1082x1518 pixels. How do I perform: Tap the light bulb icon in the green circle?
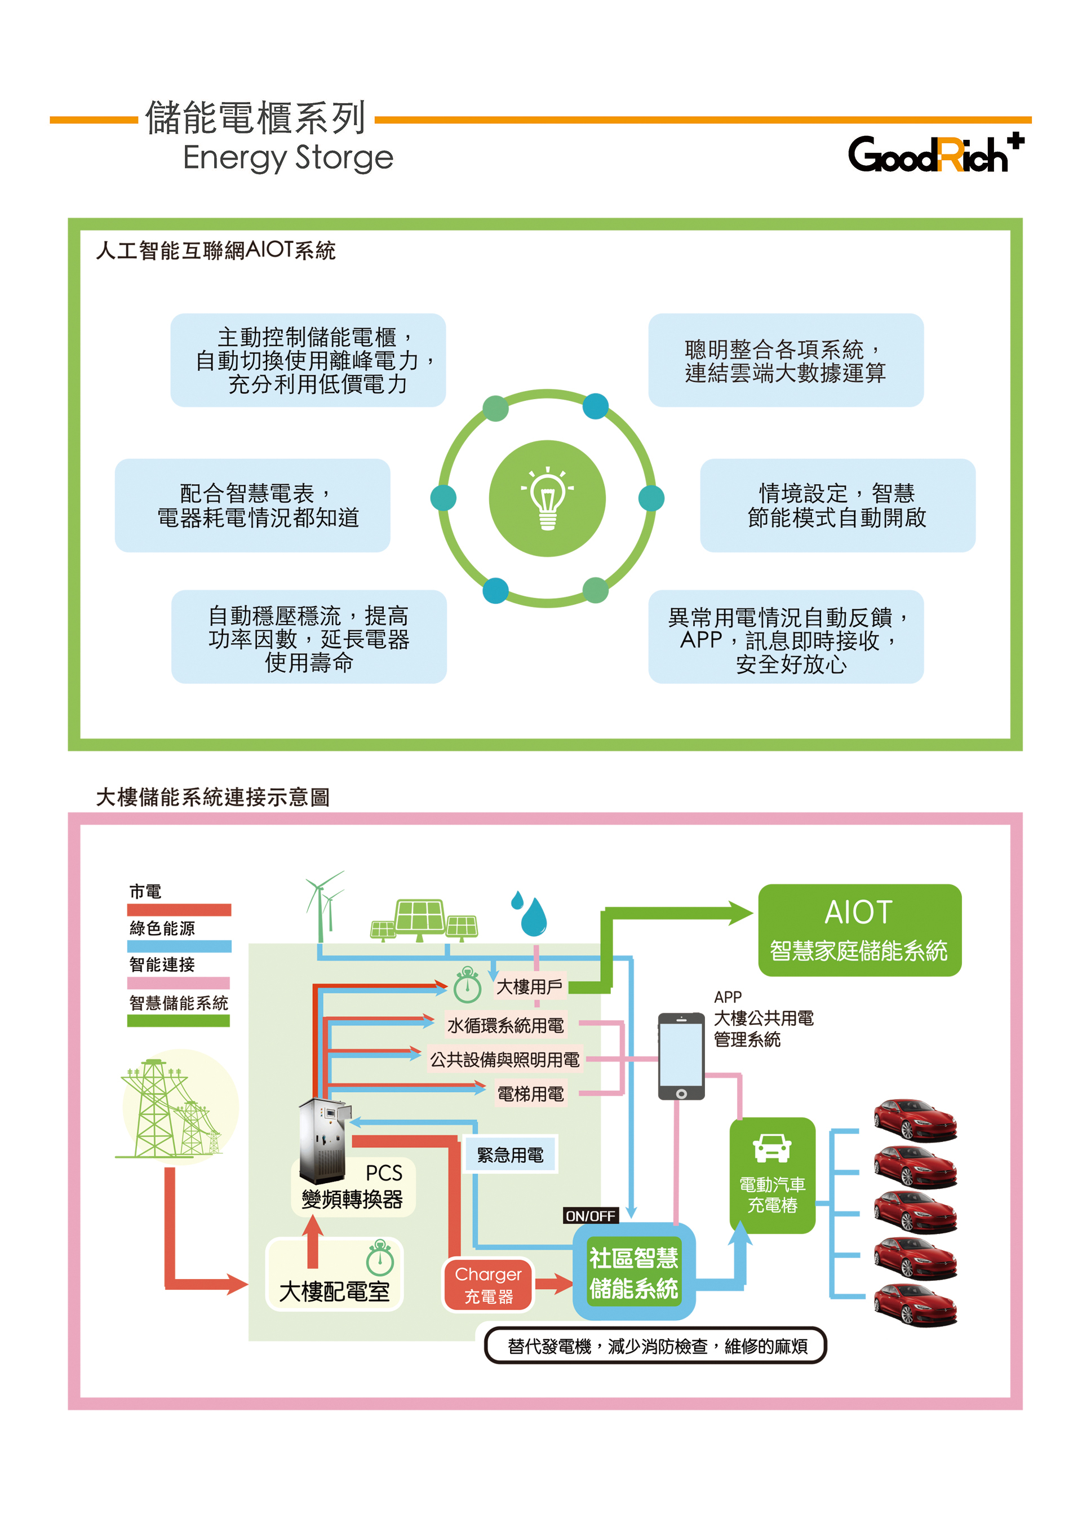[548, 498]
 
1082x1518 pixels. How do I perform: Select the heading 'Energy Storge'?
[288, 158]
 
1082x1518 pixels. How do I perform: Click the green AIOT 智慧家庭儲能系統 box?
[859, 930]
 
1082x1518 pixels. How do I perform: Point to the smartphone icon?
[681, 1056]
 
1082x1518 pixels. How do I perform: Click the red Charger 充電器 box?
[489, 1285]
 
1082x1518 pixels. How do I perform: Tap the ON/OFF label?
[590, 1215]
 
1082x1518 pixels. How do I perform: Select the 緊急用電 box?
[511, 1155]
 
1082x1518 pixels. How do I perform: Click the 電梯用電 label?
[530, 1094]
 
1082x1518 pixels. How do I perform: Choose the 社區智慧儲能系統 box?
[633, 1273]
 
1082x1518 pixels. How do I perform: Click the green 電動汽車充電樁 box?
[772, 1176]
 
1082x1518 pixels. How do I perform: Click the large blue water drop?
[534, 918]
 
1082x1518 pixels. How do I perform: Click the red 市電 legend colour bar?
[179, 910]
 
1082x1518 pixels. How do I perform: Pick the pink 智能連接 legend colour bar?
[179, 983]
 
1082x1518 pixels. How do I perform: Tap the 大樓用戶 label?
[530, 987]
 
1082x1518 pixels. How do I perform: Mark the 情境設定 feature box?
[837, 505]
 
